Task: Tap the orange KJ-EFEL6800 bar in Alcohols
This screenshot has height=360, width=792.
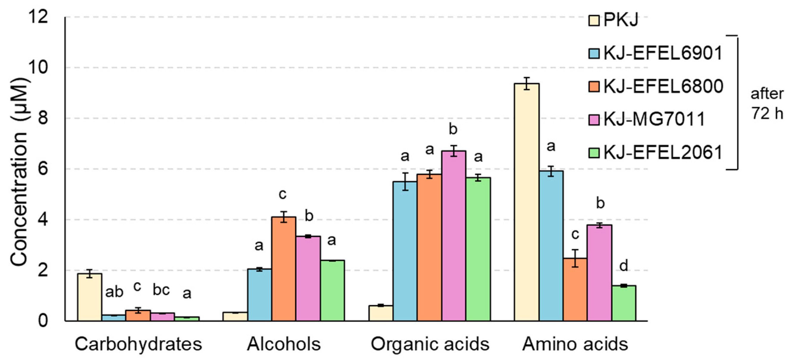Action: pyautogui.click(x=284, y=269)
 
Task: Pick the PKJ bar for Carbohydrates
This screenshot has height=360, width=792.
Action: pyautogui.click(x=89, y=297)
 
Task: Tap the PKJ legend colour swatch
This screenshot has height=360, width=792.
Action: pyautogui.click(x=594, y=20)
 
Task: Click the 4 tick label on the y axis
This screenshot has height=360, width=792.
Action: pyautogui.click(x=43, y=220)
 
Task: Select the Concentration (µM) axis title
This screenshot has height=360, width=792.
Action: pyautogui.click(x=19, y=172)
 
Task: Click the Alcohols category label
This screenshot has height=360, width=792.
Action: pyautogui.click(x=284, y=344)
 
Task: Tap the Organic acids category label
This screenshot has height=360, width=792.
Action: pyautogui.click(x=429, y=344)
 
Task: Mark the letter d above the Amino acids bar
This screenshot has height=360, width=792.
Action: pyautogui.click(x=624, y=266)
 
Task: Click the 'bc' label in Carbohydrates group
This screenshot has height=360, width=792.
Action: pyautogui.click(x=161, y=290)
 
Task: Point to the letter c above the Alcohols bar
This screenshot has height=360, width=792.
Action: pyautogui.click(x=282, y=194)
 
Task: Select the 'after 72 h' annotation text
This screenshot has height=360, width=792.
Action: pyautogui.click(x=767, y=103)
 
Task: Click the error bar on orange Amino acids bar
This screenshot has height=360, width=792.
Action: pyautogui.click(x=575, y=258)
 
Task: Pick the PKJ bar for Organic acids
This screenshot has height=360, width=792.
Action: pyautogui.click(x=380, y=313)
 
